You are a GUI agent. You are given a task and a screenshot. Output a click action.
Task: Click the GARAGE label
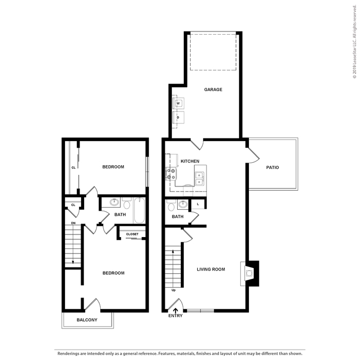click(x=213, y=89)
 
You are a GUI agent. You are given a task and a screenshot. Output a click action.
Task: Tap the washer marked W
click(x=178, y=103)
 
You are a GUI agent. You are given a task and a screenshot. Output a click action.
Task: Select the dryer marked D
click(x=178, y=117)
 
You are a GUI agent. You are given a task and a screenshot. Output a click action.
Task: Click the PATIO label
click(x=273, y=167)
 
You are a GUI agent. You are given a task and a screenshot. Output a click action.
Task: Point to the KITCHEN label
click(x=190, y=161)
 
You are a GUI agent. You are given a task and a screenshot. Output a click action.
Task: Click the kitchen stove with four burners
click(x=171, y=174)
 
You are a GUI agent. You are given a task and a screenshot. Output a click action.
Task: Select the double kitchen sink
click(x=199, y=179)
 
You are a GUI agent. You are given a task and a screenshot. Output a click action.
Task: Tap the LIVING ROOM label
click(x=211, y=269)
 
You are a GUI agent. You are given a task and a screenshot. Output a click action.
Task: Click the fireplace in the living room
click(x=250, y=273)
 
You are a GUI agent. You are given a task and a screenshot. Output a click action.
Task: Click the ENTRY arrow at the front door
click(x=176, y=310)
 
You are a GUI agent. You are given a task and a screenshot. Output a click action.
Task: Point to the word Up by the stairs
click(x=174, y=290)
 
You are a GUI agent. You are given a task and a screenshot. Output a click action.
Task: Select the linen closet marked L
click(x=198, y=204)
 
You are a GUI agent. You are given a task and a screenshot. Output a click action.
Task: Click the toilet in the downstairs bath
click(x=171, y=206)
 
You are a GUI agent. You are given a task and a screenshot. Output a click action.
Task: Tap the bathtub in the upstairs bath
click(x=139, y=210)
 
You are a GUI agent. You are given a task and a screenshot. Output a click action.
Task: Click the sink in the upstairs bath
click(x=114, y=202)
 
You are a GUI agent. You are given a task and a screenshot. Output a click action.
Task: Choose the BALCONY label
click(x=87, y=320)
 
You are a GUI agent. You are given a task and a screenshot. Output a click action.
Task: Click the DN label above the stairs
click(x=73, y=223)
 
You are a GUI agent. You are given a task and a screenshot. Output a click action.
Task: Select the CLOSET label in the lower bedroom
click(x=132, y=234)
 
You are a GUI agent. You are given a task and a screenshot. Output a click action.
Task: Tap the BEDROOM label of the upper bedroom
click(x=113, y=167)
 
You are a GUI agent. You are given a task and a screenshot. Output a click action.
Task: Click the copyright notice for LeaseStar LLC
click(x=354, y=42)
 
